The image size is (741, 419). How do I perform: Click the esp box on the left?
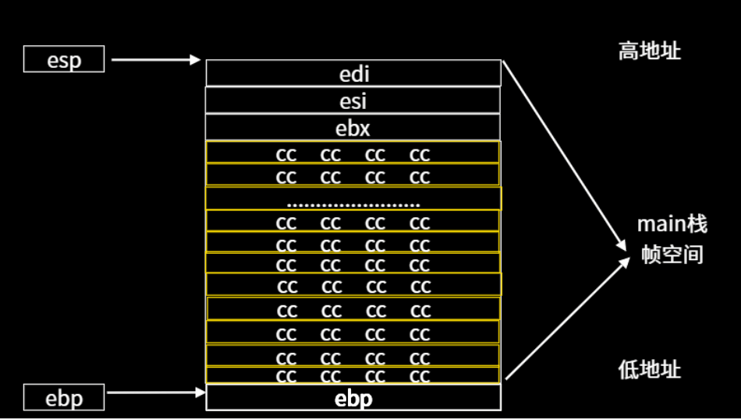point(64,59)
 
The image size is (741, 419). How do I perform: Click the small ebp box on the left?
point(64,398)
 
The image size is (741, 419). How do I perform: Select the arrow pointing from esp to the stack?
point(156,59)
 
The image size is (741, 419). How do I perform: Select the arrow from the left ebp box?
point(156,393)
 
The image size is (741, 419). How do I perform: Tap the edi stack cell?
point(353,73)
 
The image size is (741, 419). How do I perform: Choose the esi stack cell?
point(353,100)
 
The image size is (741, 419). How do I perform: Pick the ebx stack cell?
point(353,126)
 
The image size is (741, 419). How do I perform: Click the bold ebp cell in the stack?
point(353,398)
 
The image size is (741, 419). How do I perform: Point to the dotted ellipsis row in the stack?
point(353,199)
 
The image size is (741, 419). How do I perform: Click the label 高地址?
point(650,51)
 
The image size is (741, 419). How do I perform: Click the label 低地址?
point(650,369)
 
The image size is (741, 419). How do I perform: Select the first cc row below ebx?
point(353,153)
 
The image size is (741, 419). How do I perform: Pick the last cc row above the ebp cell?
point(353,376)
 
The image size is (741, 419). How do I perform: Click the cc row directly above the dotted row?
point(353,175)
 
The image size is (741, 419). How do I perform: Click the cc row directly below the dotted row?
point(353,221)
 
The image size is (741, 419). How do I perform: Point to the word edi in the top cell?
point(353,74)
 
